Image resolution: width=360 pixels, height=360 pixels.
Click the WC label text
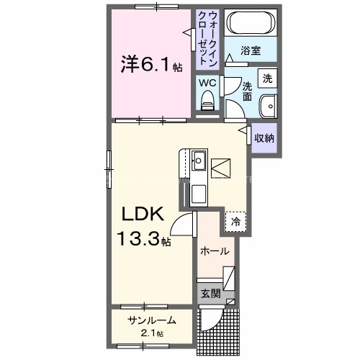[207, 83]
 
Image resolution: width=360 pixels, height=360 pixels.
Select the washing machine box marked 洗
[267, 77]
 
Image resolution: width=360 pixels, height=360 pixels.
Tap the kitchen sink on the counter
[198, 159]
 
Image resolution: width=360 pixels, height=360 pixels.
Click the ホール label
[215, 251]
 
